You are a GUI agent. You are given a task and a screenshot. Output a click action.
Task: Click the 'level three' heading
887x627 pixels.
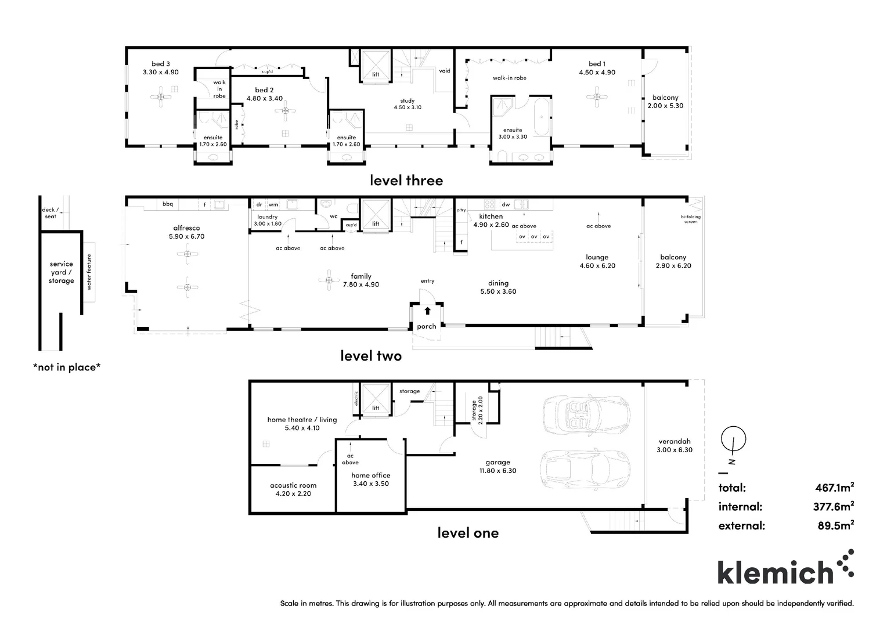(406, 181)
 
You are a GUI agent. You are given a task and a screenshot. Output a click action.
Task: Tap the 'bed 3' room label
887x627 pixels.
(161, 64)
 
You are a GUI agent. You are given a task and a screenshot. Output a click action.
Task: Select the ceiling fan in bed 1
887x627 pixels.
(597, 97)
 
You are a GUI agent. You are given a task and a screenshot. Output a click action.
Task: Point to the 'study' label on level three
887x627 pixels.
(408, 101)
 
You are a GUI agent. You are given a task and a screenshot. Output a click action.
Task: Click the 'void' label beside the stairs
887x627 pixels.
(445, 71)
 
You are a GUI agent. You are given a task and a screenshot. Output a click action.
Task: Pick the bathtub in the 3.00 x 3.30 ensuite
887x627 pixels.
(541, 118)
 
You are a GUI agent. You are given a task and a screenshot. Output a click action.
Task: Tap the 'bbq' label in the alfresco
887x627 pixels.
(168, 204)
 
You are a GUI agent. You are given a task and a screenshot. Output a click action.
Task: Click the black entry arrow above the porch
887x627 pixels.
(428, 310)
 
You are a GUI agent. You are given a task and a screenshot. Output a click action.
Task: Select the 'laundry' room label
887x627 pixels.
(267, 217)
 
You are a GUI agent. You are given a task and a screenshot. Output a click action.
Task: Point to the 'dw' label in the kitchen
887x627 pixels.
(506, 204)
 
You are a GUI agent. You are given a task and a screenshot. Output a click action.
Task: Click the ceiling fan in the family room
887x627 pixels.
(330, 280)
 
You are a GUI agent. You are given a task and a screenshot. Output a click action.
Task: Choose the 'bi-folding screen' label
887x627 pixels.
(691, 219)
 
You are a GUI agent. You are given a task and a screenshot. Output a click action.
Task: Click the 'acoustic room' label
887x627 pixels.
(293, 485)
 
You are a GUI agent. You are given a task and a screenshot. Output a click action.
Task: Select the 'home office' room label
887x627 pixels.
(370, 475)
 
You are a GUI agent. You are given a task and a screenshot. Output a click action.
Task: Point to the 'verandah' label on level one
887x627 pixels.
(675, 441)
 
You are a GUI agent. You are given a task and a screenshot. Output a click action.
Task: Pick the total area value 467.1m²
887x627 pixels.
(834, 488)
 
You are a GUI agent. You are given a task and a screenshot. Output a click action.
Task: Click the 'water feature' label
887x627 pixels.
(89, 272)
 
